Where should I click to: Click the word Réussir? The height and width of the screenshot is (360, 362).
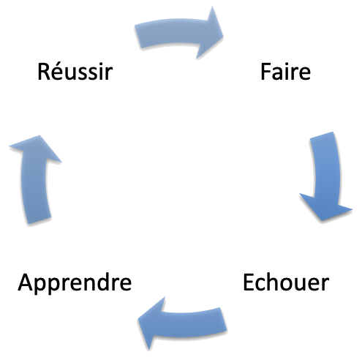74,73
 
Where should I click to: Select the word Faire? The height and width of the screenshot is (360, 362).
285,73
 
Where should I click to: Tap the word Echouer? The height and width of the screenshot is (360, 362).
286,282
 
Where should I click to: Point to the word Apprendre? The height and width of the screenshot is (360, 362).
75,283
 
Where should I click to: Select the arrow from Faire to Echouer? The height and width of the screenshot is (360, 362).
322,176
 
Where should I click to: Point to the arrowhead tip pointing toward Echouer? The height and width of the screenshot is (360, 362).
320,219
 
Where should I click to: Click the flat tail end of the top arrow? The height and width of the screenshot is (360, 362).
137,34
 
